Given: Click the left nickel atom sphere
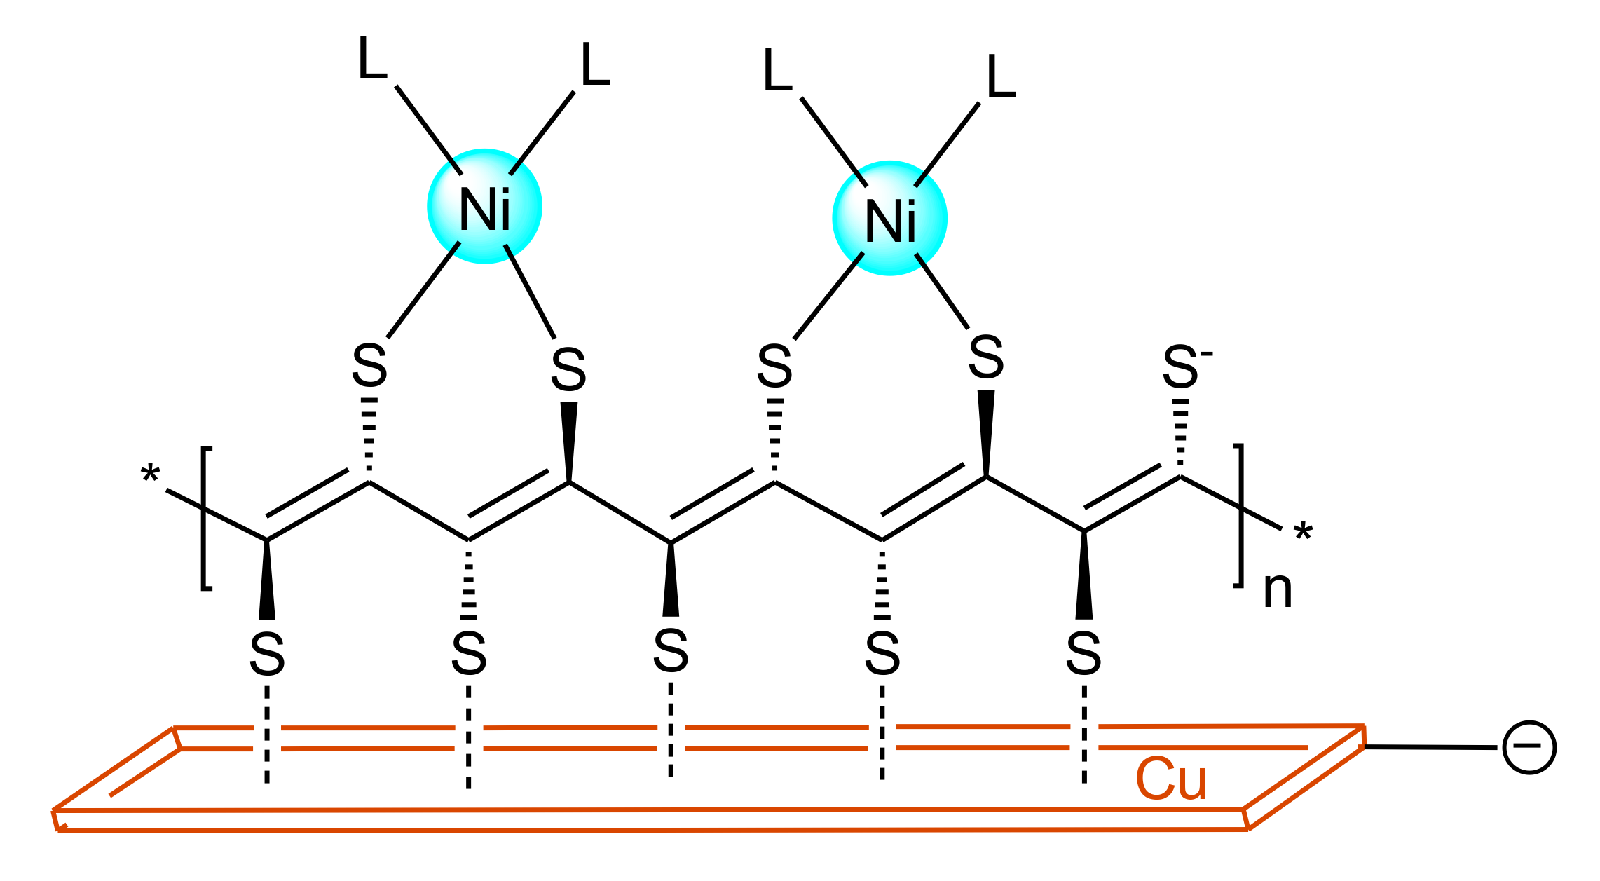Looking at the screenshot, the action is [485, 206].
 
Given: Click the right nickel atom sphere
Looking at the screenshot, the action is [890, 218].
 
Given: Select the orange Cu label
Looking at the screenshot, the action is [1171, 779].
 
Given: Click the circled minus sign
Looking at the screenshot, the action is [1529, 747].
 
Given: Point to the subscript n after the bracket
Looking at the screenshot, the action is [1278, 591].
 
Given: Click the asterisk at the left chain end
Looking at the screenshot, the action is [150, 475].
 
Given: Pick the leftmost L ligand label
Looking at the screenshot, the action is [372, 59].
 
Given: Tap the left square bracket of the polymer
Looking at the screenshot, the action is [205, 518].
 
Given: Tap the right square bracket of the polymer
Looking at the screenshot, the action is [1239, 515].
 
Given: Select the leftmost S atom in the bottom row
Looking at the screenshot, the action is [267, 655].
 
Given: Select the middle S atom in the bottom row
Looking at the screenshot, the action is [671, 651].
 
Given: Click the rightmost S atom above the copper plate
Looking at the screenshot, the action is [1083, 654].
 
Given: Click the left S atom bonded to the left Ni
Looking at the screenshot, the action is [369, 365].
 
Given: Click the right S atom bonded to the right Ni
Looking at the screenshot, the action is [986, 357].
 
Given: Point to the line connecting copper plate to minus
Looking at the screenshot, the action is [1430, 747].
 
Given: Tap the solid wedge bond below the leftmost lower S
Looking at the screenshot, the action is [267, 580].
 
